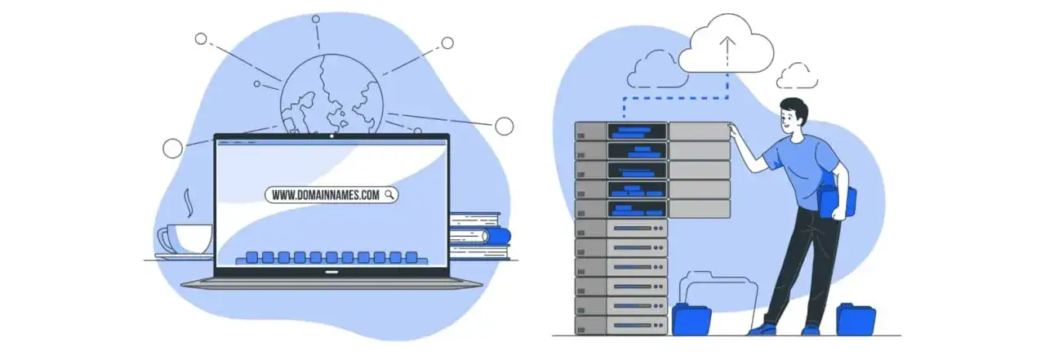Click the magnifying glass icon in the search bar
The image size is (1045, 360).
point(389,194)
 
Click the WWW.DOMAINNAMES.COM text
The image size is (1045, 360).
point(325,195)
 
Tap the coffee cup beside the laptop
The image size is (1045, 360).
point(187,239)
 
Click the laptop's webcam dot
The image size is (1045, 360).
point(331,136)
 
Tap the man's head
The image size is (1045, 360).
point(795,118)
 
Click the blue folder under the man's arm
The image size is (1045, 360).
point(839,201)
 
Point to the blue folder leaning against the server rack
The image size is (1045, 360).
point(691,319)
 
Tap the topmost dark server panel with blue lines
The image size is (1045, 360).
point(637,131)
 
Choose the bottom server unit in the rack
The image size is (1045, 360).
point(621,326)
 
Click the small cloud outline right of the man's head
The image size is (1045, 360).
point(797,76)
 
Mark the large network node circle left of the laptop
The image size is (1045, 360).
point(173,148)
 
